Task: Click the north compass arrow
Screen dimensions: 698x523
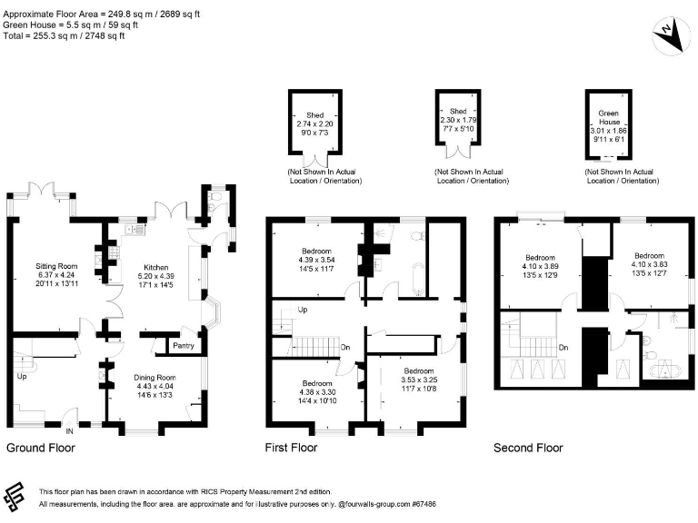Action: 671,35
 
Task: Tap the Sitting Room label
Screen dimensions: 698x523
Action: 56,266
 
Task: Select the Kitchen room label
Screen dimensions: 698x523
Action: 155,267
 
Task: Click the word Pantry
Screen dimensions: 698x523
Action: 184,346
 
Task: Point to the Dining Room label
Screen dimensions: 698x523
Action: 155,378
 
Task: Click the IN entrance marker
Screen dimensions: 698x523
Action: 69,431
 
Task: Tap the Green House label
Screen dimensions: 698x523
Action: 609,117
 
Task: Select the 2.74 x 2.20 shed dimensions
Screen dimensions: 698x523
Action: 314,124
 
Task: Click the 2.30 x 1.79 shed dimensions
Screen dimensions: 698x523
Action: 458,120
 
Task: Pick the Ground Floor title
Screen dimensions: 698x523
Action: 41,448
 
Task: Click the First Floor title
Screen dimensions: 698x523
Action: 291,448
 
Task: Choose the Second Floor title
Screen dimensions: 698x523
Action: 528,448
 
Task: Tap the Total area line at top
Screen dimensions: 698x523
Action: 64,35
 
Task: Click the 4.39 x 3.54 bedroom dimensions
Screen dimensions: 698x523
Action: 316,260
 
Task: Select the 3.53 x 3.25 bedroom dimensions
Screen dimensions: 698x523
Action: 419,380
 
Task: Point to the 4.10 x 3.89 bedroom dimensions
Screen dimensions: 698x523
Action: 540,266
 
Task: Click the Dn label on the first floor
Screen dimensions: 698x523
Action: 345,348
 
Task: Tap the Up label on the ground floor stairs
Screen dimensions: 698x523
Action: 22,376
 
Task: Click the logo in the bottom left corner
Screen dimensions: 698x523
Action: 14,497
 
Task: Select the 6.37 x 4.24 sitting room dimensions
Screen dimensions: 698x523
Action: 56,275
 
